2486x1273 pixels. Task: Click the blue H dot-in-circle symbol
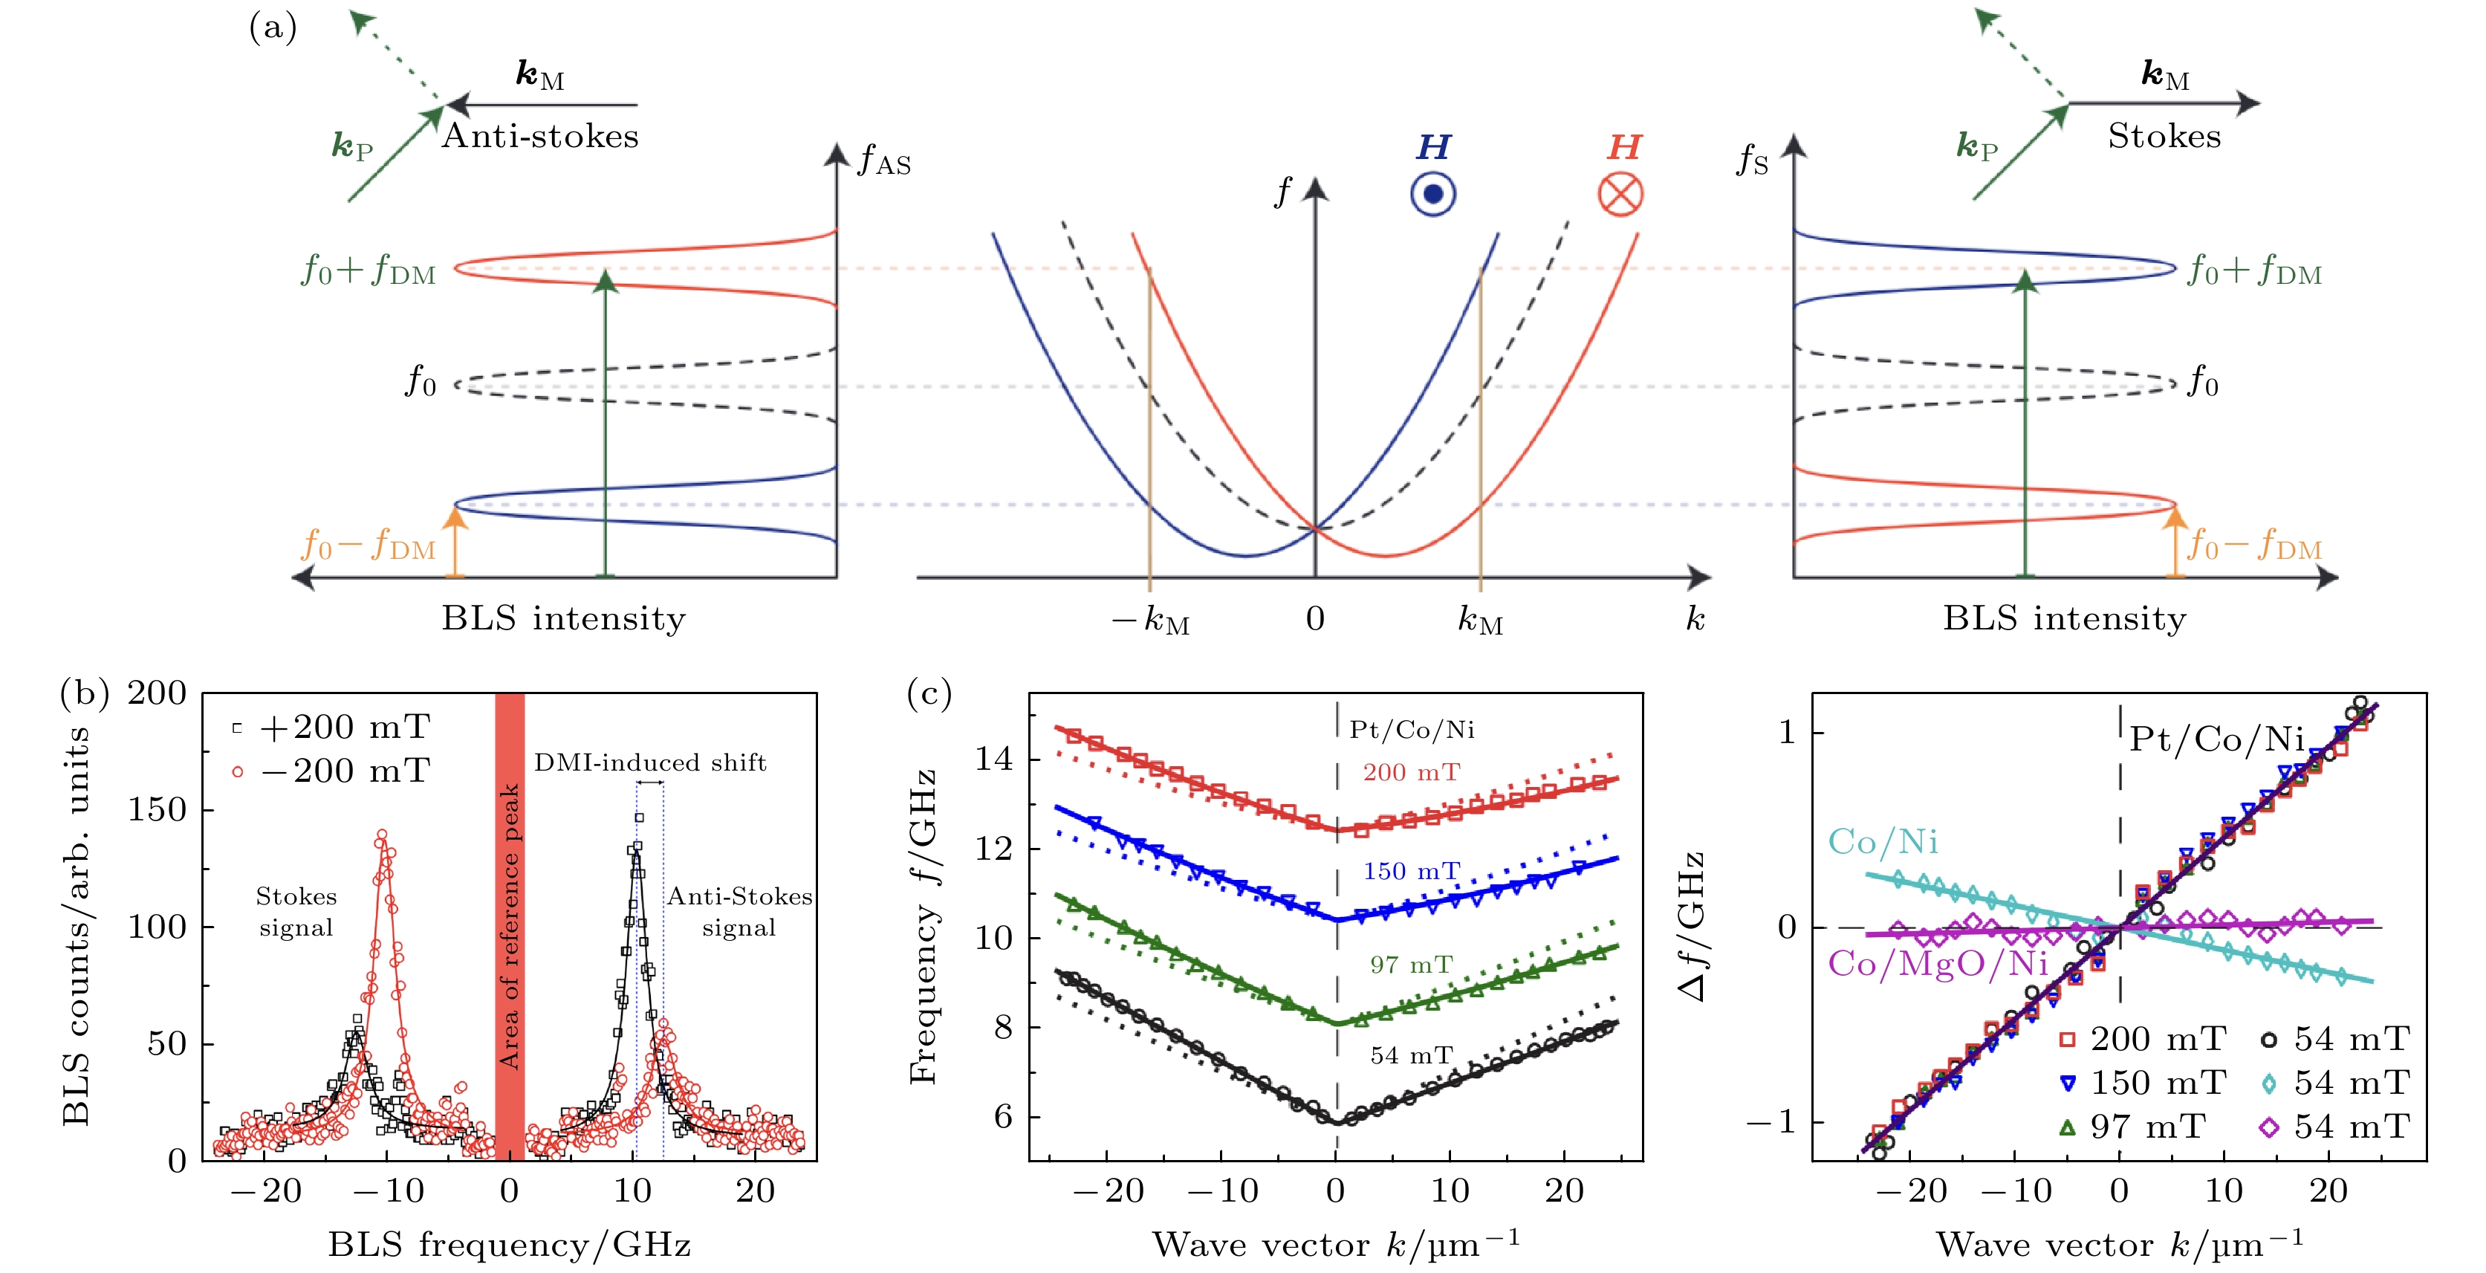coord(1433,194)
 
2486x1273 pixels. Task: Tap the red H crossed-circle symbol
coord(1620,194)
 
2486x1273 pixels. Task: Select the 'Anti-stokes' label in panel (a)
coord(540,136)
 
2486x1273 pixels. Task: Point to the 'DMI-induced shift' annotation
coord(649,762)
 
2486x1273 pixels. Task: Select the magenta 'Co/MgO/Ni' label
coord(1938,962)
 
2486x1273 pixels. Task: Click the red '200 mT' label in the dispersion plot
coord(1411,772)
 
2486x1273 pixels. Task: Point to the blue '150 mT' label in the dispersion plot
coord(1411,872)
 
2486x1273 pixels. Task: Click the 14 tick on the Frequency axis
coord(993,759)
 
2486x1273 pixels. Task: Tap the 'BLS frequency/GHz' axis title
coord(509,1245)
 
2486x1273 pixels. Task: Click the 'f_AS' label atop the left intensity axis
coord(883,159)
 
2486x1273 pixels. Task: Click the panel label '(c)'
coord(929,693)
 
